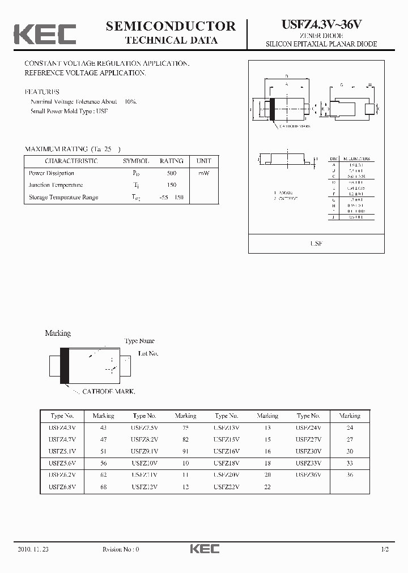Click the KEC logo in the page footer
click(x=204, y=549)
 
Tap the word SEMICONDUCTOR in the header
click(x=171, y=26)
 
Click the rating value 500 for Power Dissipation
click(x=171, y=173)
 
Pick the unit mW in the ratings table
click(x=203, y=173)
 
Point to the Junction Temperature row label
click(x=56, y=185)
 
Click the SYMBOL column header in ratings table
click(x=136, y=161)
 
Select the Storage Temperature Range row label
click(x=63, y=197)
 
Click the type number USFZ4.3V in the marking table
click(x=62, y=427)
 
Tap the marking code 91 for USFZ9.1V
click(x=185, y=451)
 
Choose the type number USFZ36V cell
click(x=308, y=474)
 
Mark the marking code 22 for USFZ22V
click(x=267, y=486)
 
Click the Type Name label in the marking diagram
click(x=139, y=341)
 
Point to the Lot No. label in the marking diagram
click(x=148, y=353)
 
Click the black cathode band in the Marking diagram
click(x=65, y=365)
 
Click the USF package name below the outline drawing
click(x=316, y=243)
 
